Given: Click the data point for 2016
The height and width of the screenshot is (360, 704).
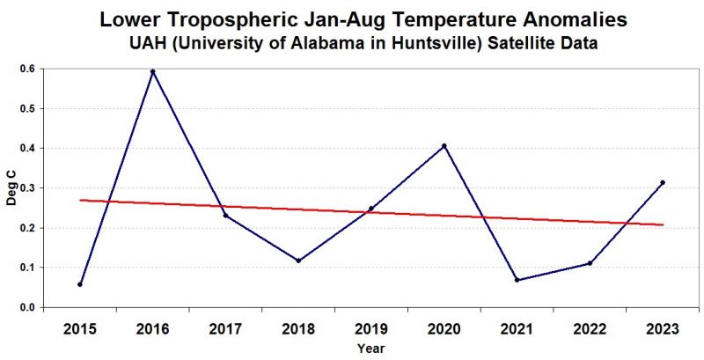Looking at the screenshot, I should pos(153,71).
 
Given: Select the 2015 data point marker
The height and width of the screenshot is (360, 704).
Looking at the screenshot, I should pos(80,284).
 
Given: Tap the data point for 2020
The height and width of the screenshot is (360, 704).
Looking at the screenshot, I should pos(444,145).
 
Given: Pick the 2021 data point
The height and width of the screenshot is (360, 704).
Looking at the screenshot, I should pos(517,280).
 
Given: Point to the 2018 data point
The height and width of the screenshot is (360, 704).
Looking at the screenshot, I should pos(298,261).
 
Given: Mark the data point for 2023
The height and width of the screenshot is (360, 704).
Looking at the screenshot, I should pos(663,182).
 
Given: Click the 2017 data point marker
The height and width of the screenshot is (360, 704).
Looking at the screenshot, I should pos(226,215).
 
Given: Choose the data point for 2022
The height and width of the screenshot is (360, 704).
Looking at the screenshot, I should pos(590,263).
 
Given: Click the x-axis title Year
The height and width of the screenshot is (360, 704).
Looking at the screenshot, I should pos(370,349).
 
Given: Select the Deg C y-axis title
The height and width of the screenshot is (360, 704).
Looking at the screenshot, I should pos(11,188).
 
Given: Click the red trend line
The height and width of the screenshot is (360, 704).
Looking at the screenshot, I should pos(370,212).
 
